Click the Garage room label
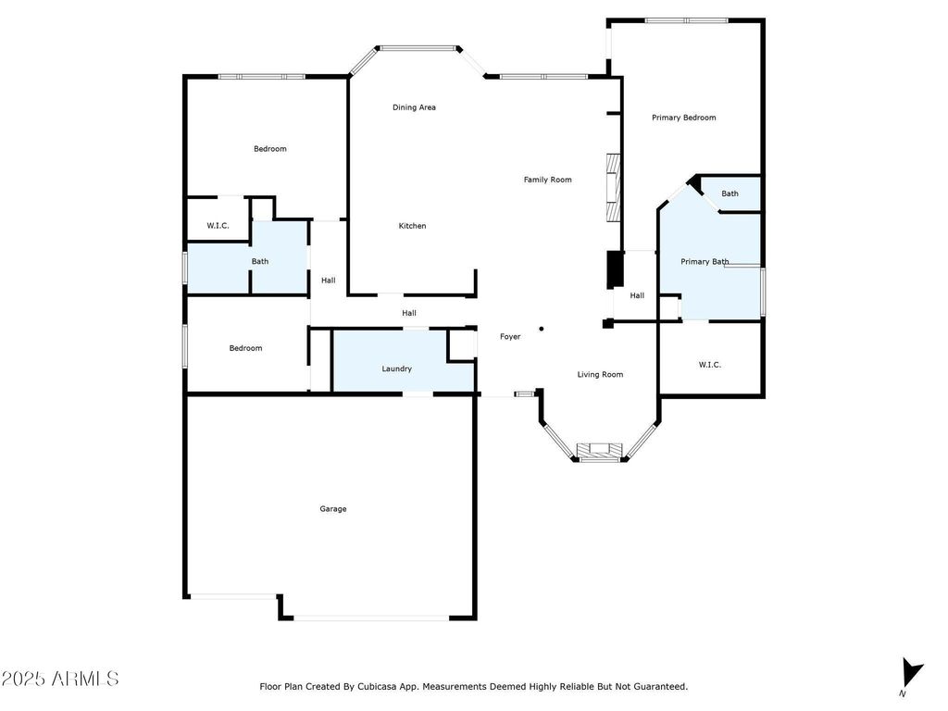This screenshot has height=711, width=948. [x=333, y=509]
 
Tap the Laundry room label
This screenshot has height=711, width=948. [x=396, y=368]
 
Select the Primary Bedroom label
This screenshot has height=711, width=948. [x=684, y=118]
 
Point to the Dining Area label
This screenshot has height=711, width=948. [x=414, y=107]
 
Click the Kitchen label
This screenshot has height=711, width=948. [x=412, y=226]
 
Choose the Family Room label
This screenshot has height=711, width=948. [x=548, y=180]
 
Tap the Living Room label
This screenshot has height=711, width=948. [x=600, y=375]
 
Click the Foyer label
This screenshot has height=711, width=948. [x=510, y=337]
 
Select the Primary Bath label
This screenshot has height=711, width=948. [x=705, y=262]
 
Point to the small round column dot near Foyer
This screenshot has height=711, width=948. [x=542, y=329]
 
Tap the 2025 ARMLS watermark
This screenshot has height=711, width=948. [x=60, y=679]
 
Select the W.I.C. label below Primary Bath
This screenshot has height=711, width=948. [x=710, y=365]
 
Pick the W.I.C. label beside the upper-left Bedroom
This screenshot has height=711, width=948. [x=218, y=226]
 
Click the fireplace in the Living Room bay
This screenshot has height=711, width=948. [x=599, y=451]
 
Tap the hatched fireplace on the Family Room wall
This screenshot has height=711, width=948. [x=614, y=188]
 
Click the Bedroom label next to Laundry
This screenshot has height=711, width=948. [x=245, y=348]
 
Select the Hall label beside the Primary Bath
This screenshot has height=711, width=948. [x=637, y=295]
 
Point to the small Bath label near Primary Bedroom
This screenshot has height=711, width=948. [x=730, y=194]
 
